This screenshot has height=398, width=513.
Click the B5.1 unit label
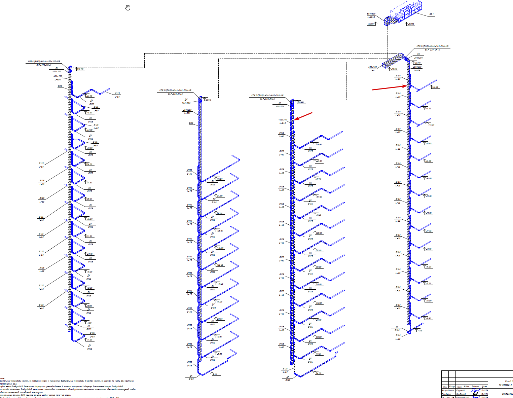(432, 14)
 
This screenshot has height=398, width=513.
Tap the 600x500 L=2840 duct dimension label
(371, 15)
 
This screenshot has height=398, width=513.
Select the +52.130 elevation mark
(371, 24)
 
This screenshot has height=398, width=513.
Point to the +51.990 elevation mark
(411, 24)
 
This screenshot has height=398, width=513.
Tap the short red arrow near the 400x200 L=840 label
(303, 116)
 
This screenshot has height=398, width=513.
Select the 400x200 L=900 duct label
(58, 78)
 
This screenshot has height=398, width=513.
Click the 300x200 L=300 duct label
(187, 111)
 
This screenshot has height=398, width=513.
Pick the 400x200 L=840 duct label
(283, 121)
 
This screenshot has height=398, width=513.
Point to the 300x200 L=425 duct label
(417, 69)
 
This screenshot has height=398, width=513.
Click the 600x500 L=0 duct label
(372, 69)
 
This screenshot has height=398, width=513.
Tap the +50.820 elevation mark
(394, 69)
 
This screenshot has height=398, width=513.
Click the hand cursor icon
(127, 7)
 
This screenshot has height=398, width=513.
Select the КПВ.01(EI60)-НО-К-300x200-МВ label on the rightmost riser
(432, 46)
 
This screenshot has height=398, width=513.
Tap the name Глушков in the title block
(460, 391)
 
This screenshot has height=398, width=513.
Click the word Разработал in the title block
(448, 391)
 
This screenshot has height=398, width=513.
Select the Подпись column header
(475, 387)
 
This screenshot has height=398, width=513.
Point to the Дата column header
(484, 387)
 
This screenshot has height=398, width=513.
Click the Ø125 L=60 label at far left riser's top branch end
(117, 95)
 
